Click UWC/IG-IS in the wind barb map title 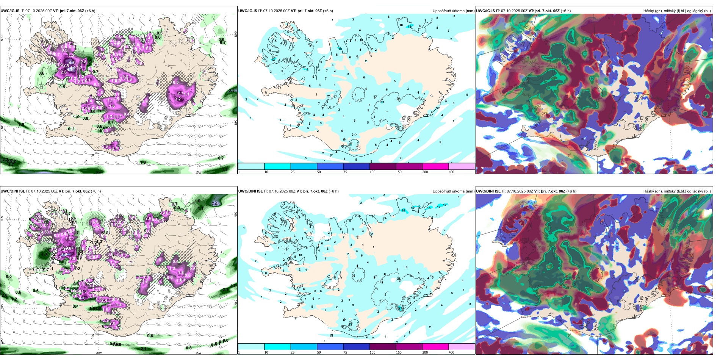10,11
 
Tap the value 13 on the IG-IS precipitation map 409,27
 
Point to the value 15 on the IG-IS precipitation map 340,49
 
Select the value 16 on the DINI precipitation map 403,210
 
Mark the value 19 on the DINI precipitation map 413,208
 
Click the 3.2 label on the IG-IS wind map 178,99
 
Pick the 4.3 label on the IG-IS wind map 71,63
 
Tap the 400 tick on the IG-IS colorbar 451,172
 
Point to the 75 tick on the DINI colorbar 345,352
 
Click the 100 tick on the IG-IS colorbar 373,172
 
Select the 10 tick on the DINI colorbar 266,352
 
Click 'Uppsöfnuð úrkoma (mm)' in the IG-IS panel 453,11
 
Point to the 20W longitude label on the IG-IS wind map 99,172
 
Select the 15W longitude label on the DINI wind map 198,353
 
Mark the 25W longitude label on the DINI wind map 2,341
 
